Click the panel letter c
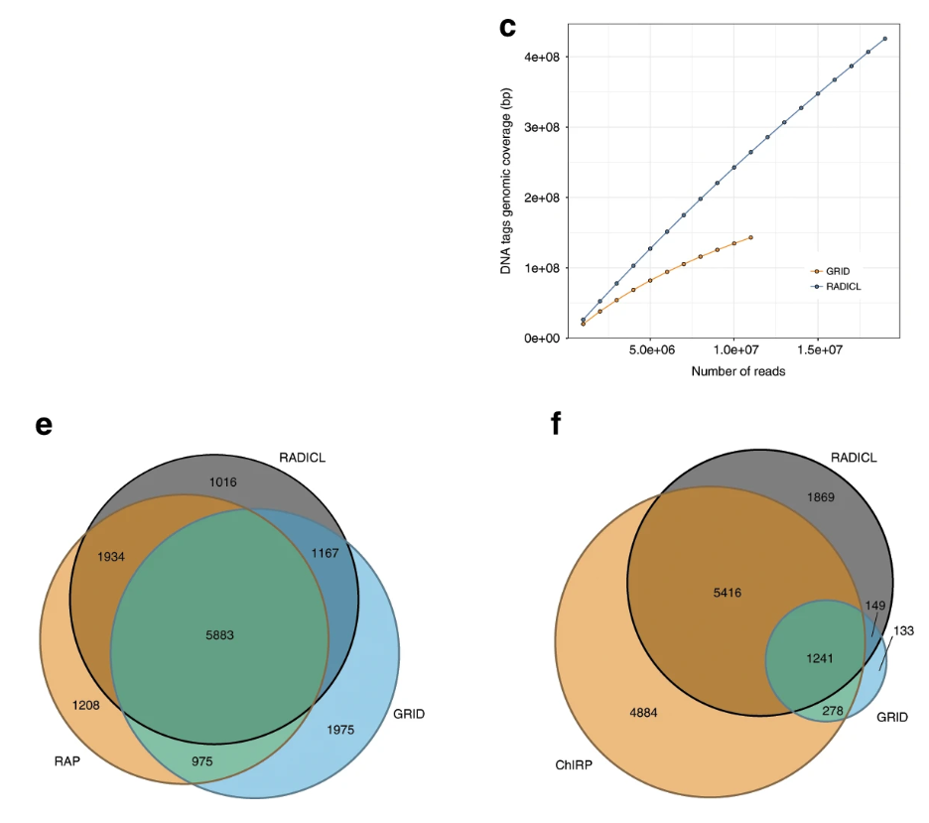pyautogui.click(x=507, y=27)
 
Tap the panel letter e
pyautogui.click(x=43, y=425)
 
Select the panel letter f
pyautogui.click(x=556, y=424)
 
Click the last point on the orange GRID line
pyautogui.click(x=750, y=237)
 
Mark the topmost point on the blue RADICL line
pyautogui.click(x=884, y=39)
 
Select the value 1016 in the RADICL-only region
pyautogui.click(x=224, y=481)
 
